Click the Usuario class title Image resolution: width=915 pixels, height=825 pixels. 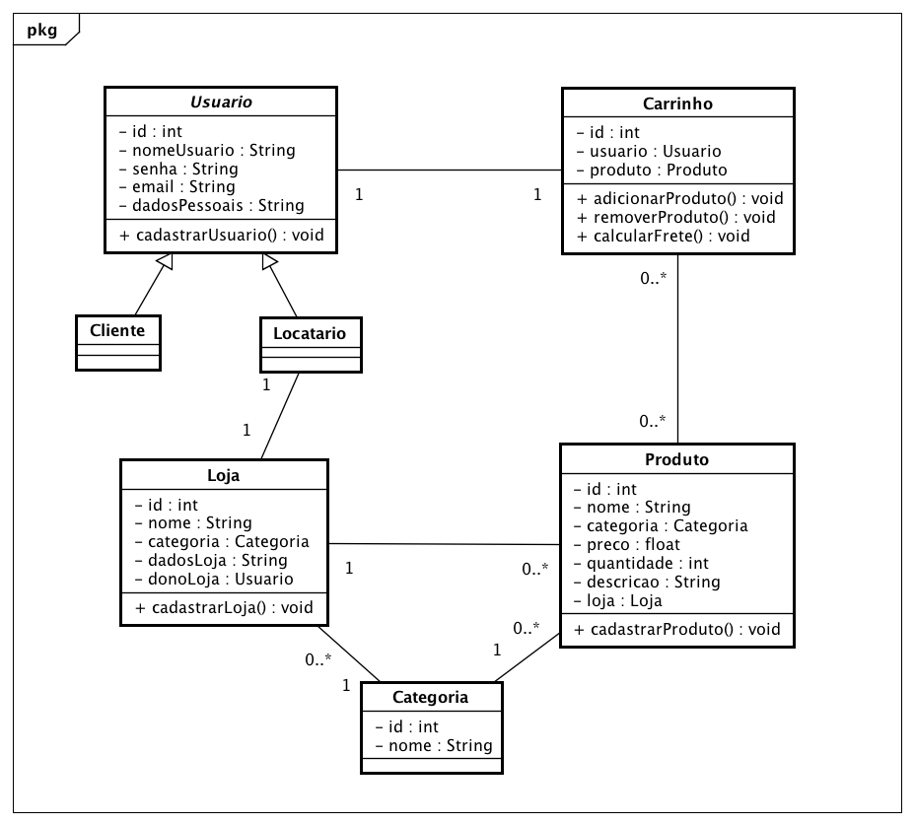pos(221,103)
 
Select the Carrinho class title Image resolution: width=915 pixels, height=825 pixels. pos(677,104)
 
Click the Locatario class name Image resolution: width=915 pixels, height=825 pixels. pos(310,334)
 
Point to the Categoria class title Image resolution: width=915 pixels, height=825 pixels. pos(430,698)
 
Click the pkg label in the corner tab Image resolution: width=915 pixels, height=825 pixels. pos(41,30)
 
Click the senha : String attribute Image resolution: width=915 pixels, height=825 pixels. pos(177,169)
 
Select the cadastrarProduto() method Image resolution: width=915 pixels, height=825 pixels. pos(676,629)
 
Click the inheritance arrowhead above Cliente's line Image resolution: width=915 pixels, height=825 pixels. pos(166,262)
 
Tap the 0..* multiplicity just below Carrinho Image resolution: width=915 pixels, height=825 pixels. pos(654,279)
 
